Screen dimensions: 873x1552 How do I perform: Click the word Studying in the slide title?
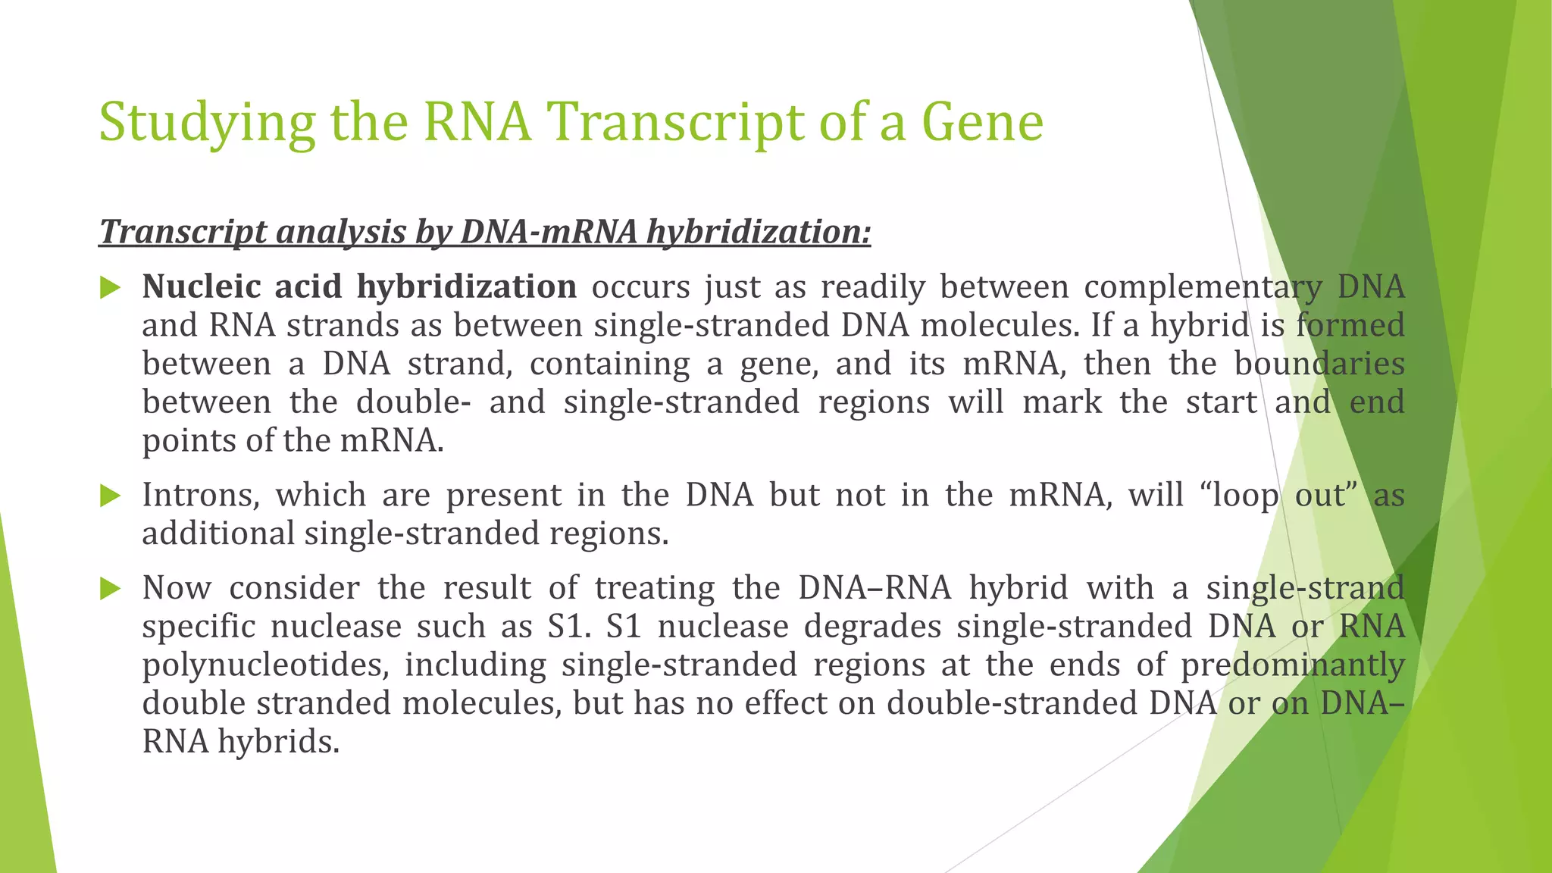(x=206, y=124)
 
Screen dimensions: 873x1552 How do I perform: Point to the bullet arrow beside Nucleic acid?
(x=111, y=288)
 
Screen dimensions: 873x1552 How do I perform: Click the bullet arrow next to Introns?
(x=111, y=496)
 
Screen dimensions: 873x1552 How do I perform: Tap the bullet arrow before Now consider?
(x=111, y=589)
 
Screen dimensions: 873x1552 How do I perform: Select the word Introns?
(x=202, y=496)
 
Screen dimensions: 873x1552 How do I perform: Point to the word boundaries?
(x=1319, y=365)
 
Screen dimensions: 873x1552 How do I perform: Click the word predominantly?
(x=1292, y=665)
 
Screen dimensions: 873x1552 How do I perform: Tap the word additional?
(x=218, y=533)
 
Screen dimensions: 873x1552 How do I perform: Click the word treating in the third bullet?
(x=655, y=589)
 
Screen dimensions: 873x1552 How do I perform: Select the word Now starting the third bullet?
(x=177, y=589)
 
